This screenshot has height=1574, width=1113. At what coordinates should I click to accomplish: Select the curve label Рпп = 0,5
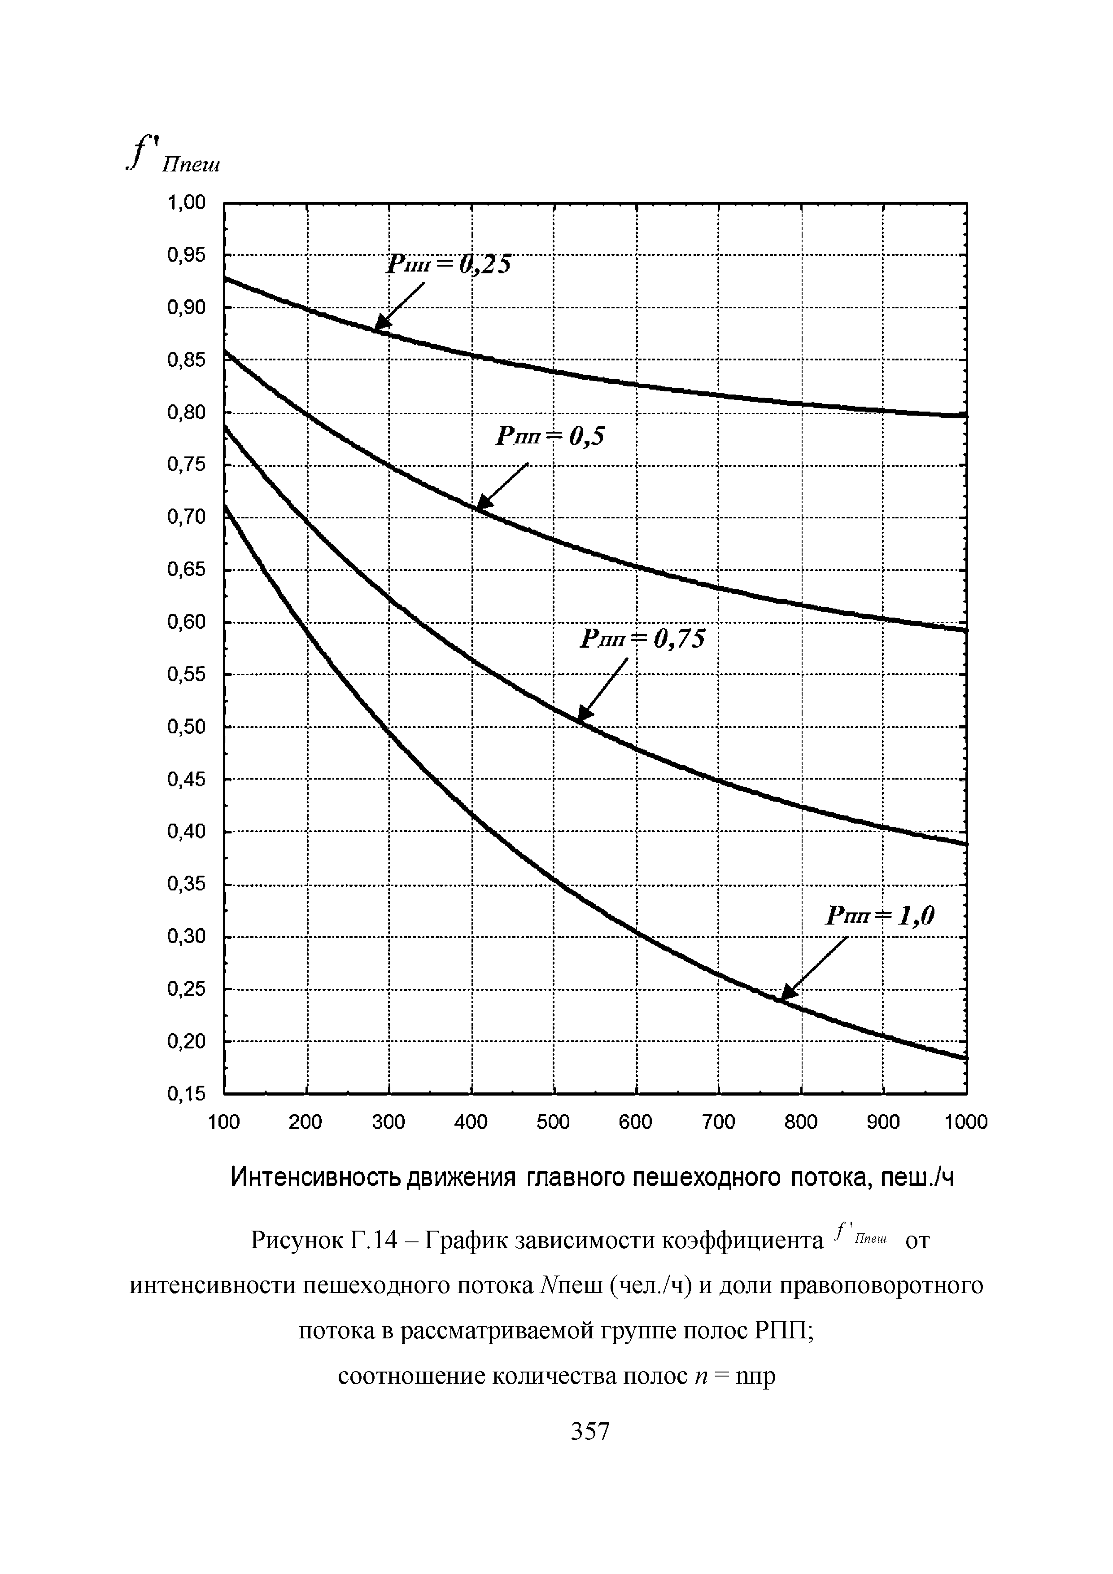pos(552,437)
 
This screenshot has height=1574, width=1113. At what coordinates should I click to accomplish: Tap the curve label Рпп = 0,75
pos(642,640)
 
